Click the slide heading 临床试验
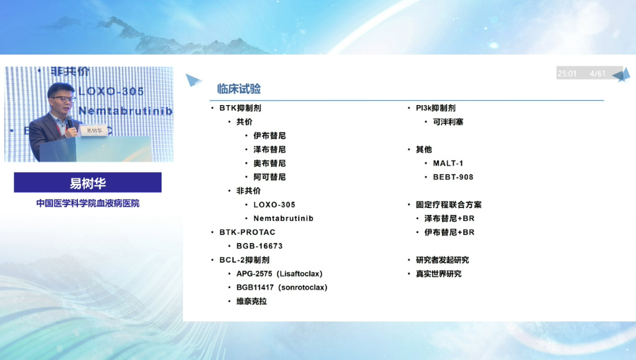[x=239, y=89]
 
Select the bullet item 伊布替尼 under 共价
[x=269, y=135]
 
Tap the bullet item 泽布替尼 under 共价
[x=269, y=149]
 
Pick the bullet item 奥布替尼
[x=269, y=163]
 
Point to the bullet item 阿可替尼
[x=269, y=177]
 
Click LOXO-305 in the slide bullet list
[x=274, y=205]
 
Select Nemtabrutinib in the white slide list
[x=283, y=218]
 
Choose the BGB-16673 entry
[x=260, y=246]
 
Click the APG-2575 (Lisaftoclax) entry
[x=279, y=274]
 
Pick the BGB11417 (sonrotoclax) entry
[x=282, y=287]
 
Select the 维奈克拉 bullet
[x=251, y=301]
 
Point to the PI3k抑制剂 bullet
[x=435, y=108]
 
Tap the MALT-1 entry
[x=448, y=163]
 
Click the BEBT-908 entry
[x=453, y=177]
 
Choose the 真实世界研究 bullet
[x=439, y=274]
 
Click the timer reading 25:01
[x=567, y=73]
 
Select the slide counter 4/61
[x=597, y=73]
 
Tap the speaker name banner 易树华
[x=88, y=183]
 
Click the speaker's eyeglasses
[x=62, y=99]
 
